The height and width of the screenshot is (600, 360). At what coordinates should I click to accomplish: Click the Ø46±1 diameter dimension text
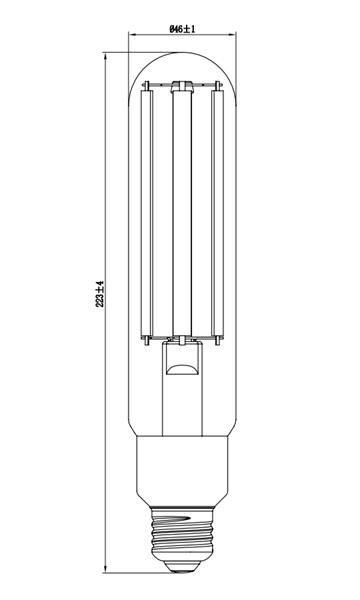[x=181, y=29]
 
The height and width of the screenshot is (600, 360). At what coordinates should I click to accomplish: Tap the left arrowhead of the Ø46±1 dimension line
[x=135, y=40]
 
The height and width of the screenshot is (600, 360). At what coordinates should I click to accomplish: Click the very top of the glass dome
[x=181, y=56]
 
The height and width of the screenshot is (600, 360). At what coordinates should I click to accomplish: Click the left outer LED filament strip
[x=149, y=210]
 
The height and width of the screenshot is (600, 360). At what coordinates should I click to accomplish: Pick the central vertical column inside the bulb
[x=181, y=210]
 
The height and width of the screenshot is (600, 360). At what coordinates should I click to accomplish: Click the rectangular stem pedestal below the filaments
[x=181, y=400]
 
